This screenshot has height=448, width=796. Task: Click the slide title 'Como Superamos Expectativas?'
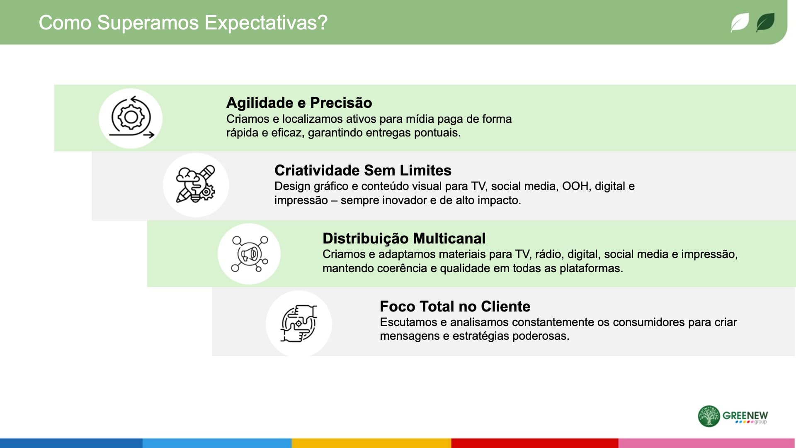(183, 23)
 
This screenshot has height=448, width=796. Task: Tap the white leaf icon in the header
(740, 22)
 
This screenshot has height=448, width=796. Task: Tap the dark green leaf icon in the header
(765, 22)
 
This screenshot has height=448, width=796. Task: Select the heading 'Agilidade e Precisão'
(299, 102)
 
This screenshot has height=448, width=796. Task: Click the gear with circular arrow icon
(131, 117)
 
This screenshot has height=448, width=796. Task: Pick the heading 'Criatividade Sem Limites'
(363, 170)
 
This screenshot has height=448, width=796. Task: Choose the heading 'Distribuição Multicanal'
(404, 238)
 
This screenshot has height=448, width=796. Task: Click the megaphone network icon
(250, 253)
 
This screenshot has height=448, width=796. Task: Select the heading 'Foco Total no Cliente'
(455, 306)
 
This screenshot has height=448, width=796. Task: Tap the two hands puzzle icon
(298, 324)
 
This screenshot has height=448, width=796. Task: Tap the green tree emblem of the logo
(709, 416)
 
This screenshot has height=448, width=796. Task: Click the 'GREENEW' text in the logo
(745, 415)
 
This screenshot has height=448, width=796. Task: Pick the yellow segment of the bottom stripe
(371, 443)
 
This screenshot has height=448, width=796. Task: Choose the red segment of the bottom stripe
(535, 443)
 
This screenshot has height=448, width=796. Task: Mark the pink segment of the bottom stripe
(707, 443)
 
